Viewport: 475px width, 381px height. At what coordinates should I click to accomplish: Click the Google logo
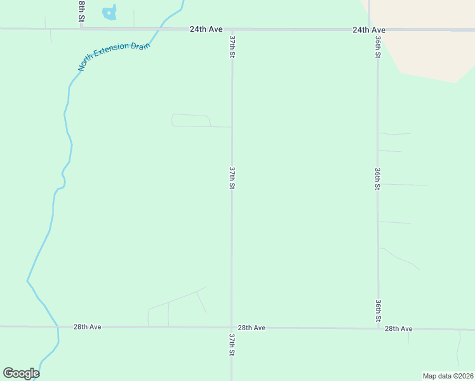point(21,373)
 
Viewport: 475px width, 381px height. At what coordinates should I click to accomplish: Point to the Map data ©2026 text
point(447,376)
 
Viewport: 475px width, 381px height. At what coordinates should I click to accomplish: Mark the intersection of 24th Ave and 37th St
point(232,29)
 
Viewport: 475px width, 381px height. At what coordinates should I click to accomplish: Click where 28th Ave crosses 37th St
point(232,327)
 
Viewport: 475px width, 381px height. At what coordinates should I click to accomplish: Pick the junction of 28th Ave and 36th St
point(378,328)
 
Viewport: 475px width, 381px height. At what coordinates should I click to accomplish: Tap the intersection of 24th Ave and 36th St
point(378,29)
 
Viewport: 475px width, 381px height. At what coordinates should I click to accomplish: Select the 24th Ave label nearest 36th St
point(369,30)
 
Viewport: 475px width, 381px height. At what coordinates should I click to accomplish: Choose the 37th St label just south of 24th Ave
point(232,47)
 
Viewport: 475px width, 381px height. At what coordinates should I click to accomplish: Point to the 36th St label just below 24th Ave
point(378,47)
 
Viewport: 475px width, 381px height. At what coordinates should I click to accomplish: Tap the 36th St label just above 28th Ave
point(378,310)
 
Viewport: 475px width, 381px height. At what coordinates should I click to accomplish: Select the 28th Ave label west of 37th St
point(87,326)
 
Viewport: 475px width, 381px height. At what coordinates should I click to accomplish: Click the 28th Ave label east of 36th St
point(399,328)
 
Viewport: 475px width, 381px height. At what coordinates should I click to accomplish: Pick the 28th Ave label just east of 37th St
point(251,328)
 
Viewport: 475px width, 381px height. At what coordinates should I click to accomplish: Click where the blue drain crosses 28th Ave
point(58,326)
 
